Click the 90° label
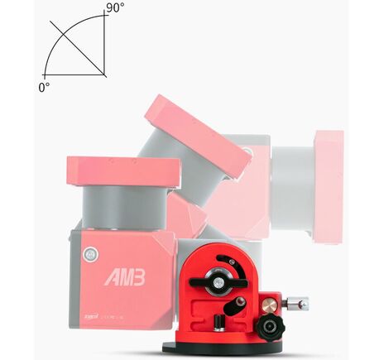click(x=115, y=8)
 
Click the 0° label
click(x=43, y=84)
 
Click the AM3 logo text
click(x=125, y=277)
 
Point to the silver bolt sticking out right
click(x=298, y=304)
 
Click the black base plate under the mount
click(x=227, y=347)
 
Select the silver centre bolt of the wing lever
click(x=216, y=283)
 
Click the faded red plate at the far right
click(x=328, y=186)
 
